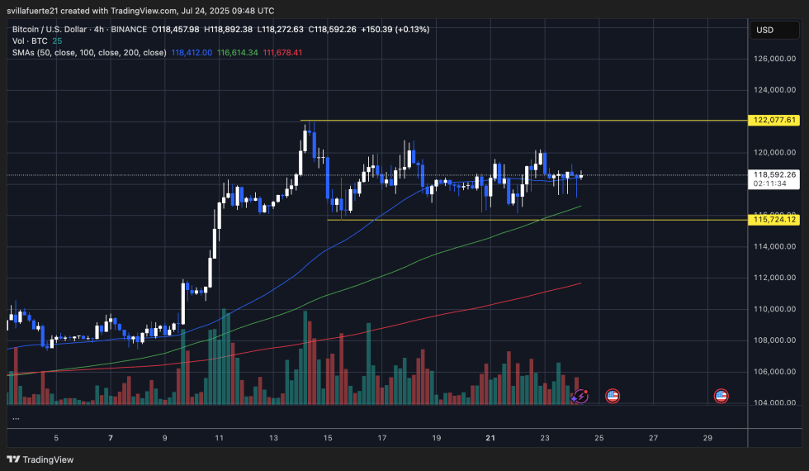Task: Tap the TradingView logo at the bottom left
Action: pos(40,459)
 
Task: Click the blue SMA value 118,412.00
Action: pos(192,52)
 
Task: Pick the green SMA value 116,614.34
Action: pos(238,52)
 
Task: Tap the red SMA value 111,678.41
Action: pos(283,52)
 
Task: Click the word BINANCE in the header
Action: pos(130,29)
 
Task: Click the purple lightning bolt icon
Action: pos(580,396)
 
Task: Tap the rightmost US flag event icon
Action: pos(721,396)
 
